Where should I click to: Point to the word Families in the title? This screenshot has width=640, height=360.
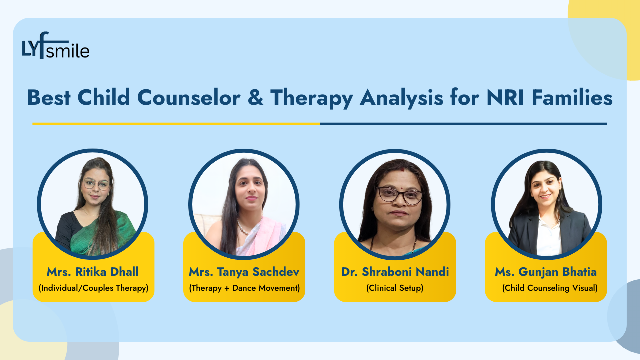[575, 98]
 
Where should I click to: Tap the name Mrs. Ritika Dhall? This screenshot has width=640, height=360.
[93, 272]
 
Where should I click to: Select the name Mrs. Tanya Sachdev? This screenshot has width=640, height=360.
[244, 272]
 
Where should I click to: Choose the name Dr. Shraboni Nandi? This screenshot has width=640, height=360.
[395, 272]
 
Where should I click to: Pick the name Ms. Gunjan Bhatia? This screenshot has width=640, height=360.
[546, 272]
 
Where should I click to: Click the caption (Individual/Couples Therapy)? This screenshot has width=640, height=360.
[93, 288]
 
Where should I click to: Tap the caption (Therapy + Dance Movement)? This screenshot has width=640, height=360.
[244, 288]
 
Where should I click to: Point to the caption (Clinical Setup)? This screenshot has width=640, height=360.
[395, 288]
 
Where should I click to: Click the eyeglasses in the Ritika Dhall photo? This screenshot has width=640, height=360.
[96, 184]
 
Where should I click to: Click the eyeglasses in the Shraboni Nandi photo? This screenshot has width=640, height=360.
[399, 195]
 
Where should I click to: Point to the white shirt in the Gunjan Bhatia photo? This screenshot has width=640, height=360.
[548, 235]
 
